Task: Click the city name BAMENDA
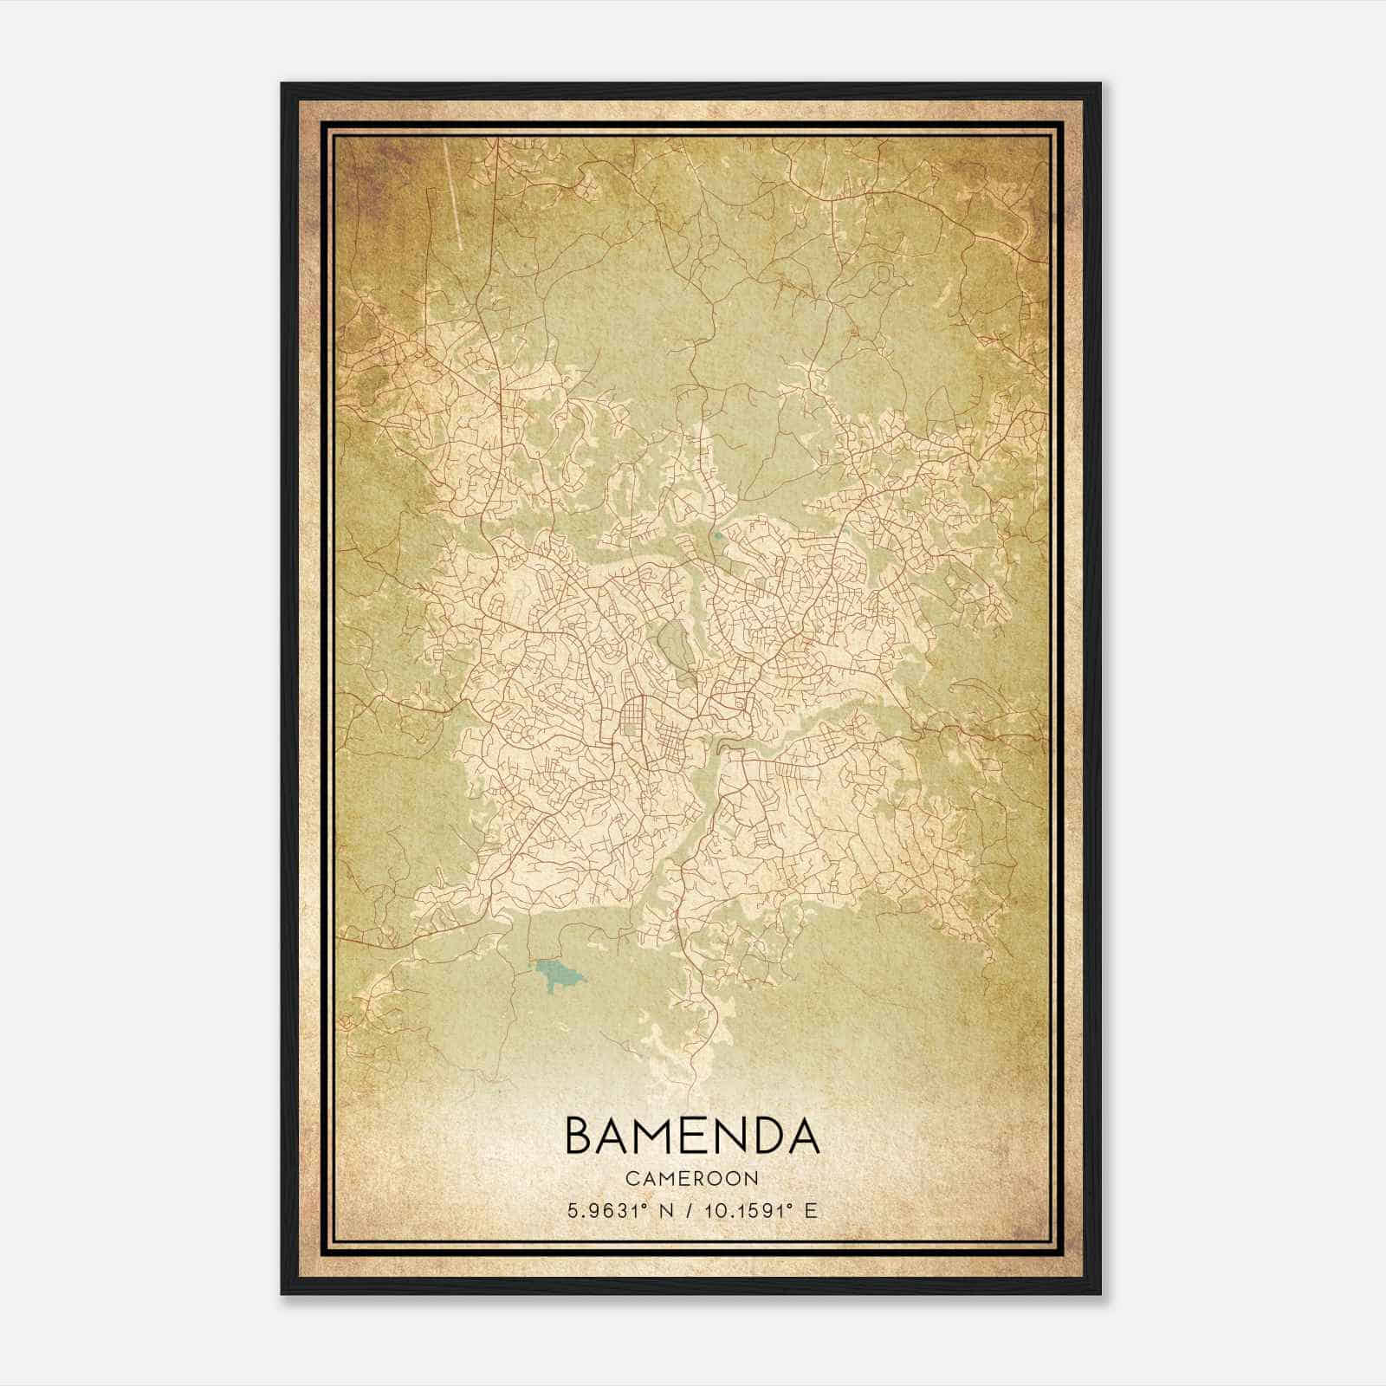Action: pyautogui.click(x=692, y=1136)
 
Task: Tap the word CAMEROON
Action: pyautogui.click(x=692, y=1179)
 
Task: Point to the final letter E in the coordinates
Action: pyautogui.click(x=811, y=1211)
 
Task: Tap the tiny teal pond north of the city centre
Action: pyautogui.click(x=718, y=535)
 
